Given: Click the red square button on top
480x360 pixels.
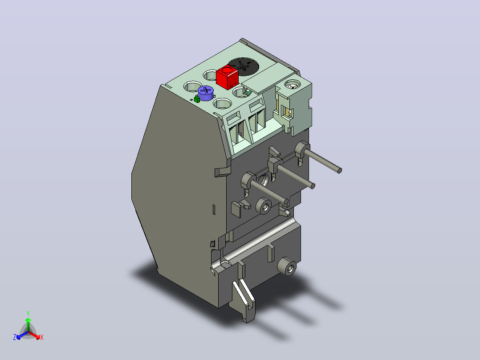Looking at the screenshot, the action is pos(227,77).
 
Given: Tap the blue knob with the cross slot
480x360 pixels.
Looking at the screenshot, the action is pos(205,93).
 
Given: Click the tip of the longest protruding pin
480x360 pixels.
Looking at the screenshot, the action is pos(339,171).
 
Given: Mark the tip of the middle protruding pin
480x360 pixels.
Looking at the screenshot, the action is pos(313,186).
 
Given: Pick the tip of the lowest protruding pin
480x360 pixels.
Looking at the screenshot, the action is pos(286,201).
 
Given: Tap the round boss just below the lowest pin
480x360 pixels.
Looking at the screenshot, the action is pos(264,206).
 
